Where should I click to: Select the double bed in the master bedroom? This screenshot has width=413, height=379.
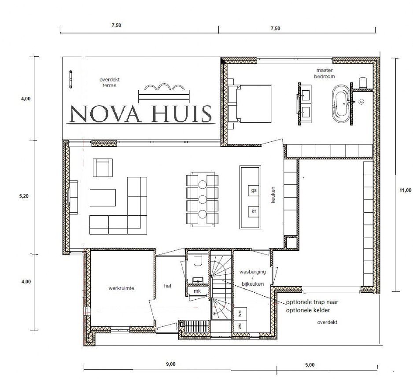(x=250, y=104)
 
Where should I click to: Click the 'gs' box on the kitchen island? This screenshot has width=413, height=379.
(x=254, y=191)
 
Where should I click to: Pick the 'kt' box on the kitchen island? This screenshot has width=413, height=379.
(x=254, y=211)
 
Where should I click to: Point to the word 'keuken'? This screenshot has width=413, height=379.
(x=273, y=195)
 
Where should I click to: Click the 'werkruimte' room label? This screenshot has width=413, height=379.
(x=121, y=288)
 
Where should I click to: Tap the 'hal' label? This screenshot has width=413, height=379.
(x=167, y=286)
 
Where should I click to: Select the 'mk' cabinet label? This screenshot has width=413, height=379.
(x=197, y=291)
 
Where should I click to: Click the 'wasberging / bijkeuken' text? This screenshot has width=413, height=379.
(x=252, y=278)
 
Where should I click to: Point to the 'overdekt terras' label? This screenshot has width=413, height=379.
(x=110, y=82)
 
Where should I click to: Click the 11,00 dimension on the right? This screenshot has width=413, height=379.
(x=406, y=191)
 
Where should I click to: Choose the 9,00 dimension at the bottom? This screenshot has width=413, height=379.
(x=171, y=364)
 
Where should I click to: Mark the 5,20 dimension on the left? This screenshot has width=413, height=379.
(x=24, y=196)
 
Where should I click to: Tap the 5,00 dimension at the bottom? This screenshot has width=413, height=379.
(x=310, y=365)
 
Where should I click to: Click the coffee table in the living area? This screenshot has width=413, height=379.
(x=103, y=198)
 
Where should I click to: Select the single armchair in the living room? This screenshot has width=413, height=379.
(x=103, y=168)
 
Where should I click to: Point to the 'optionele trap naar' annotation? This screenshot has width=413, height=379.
(x=312, y=302)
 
